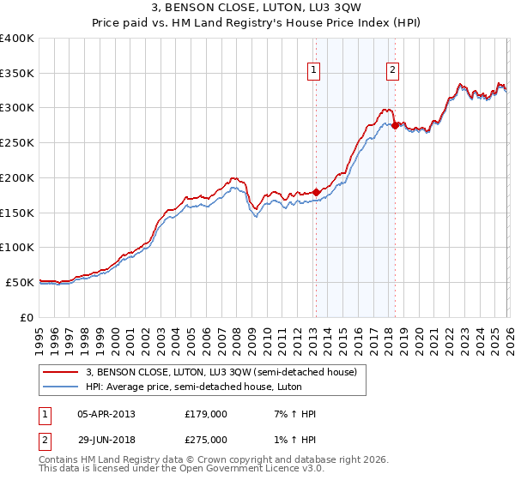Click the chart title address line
click(257, 9)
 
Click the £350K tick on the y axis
click(17, 74)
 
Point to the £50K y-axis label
click(20, 282)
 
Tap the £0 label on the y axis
click(27, 317)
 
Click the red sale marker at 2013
click(316, 192)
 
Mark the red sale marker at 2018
click(395, 125)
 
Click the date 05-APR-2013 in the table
click(106, 414)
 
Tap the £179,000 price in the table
click(205, 414)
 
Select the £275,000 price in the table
click(205, 439)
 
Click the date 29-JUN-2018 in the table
click(106, 439)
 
